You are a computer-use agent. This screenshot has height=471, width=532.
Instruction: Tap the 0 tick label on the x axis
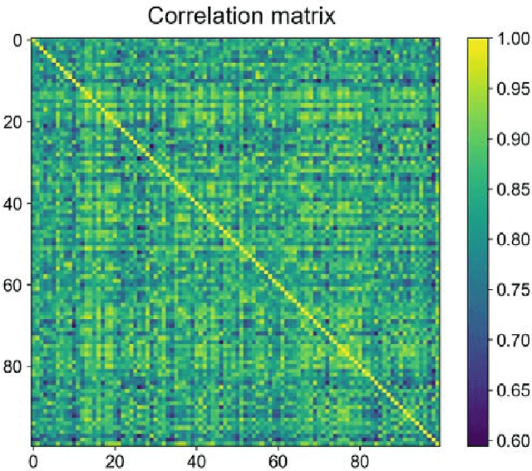(32, 460)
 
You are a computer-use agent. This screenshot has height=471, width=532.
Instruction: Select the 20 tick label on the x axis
(114, 460)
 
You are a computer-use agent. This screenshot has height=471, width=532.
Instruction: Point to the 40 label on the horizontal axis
(195, 460)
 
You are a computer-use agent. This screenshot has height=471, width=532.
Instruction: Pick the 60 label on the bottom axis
(278, 460)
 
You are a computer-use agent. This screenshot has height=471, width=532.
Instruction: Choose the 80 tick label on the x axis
(359, 460)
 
